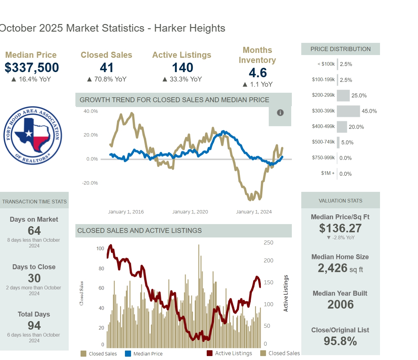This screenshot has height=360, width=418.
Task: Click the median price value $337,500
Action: pyautogui.click(x=32, y=67)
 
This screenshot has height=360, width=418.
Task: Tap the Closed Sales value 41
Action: pyautogui.click(x=106, y=67)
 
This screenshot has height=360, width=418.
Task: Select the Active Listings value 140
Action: pyautogui.click(x=182, y=67)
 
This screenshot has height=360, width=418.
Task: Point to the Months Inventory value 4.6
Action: pyautogui.click(x=257, y=73)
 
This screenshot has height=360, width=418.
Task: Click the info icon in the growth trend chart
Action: pyautogui.click(x=280, y=113)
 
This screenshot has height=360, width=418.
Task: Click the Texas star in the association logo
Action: pyautogui.click(x=29, y=133)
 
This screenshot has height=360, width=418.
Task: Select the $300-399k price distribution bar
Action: pyautogui.click(x=348, y=111)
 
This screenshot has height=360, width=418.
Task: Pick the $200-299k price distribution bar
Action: pyautogui.click(x=343, y=95)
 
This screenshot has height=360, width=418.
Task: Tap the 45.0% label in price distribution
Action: pyautogui.click(x=369, y=111)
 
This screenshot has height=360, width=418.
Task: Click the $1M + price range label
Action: pyautogui.click(x=328, y=173)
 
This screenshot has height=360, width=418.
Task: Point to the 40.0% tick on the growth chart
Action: pyautogui.click(x=91, y=111)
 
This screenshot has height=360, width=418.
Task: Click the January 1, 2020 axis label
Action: pyautogui.click(x=190, y=212)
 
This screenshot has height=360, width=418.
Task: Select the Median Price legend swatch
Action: pyautogui.click(x=128, y=354)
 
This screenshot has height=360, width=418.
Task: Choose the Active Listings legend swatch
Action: pyautogui.click(x=209, y=353)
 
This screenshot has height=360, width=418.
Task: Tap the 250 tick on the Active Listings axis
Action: pyautogui.click(x=268, y=243)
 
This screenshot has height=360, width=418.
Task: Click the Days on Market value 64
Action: pyautogui.click(x=34, y=231)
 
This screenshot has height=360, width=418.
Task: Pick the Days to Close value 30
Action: pyautogui.click(x=34, y=278)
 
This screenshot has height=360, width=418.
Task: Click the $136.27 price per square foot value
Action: pyautogui.click(x=340, y=228)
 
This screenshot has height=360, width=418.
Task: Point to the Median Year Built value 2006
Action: pyautogui.click(x=340, y=305)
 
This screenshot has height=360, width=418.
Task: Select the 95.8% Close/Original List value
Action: pyautogui.click(x=340, y=341)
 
